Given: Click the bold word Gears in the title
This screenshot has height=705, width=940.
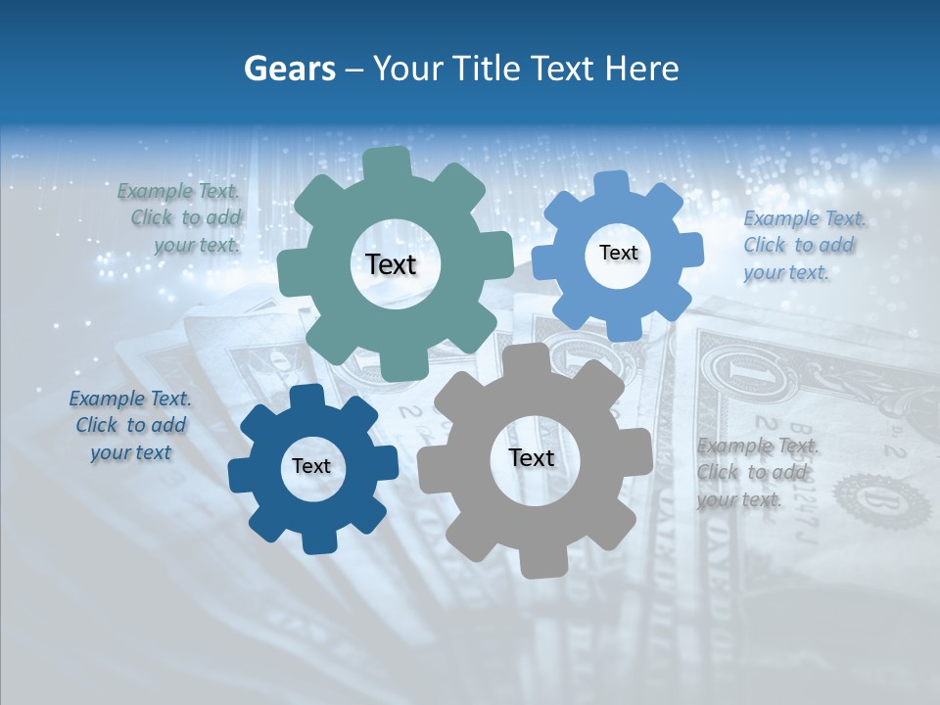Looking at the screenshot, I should coord(289,69).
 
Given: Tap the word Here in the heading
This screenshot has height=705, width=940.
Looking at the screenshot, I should coord(641,69).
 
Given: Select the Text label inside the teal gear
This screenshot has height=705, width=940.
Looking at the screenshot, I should coord(391,264).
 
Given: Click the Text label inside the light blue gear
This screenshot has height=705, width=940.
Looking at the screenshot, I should coord(618,253).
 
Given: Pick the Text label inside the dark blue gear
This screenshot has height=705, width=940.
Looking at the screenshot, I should coord(311,466).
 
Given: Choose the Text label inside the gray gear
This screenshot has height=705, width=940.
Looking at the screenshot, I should coord(532,458).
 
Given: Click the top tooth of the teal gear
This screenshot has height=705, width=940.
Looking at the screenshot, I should coord(386,163).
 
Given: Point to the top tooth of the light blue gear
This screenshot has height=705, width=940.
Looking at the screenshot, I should coord(612,184).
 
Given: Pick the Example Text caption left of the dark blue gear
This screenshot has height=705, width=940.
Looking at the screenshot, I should coord(130,425).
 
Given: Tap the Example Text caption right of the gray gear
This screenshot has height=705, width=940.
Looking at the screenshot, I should coord(756,473).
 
